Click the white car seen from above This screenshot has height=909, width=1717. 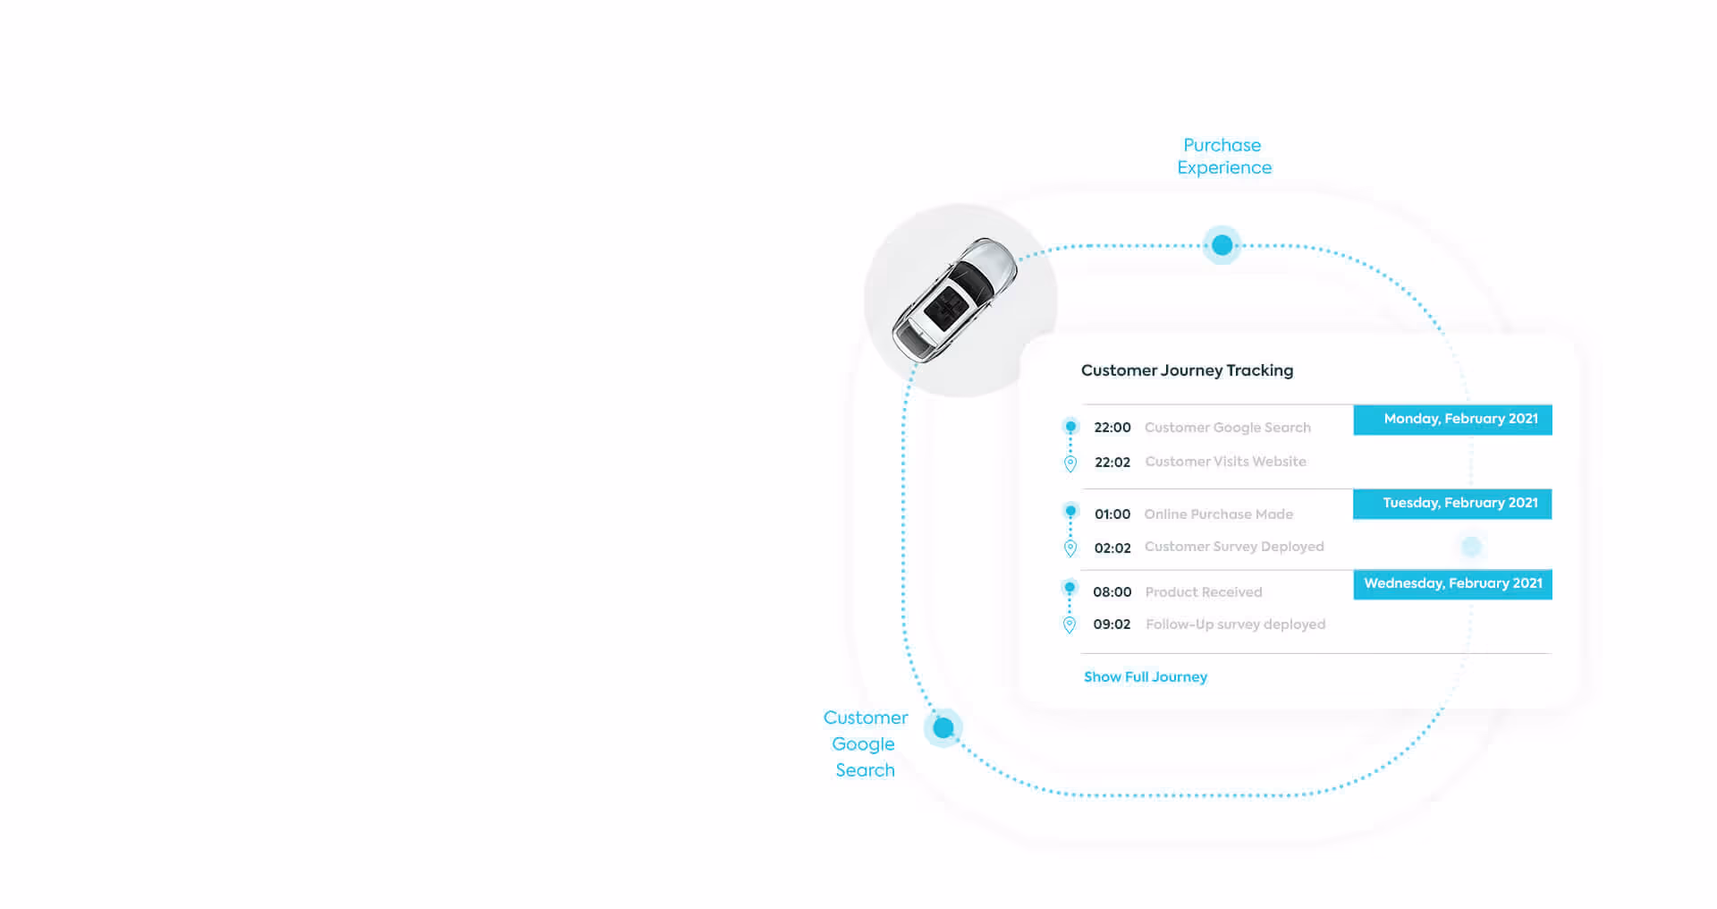(x=954, y=300)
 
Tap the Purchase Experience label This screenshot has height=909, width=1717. (x=1223, y=157)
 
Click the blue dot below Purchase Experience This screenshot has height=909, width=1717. (x=1222, y=245)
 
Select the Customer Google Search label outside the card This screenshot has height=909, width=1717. (x=865, y=743)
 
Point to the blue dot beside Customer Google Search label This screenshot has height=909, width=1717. (x=943, y=728)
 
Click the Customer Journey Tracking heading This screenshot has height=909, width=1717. (x=1187, y=370)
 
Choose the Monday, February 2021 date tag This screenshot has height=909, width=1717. (x=1452, y=420)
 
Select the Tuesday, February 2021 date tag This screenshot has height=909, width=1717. (x=1452, y=504)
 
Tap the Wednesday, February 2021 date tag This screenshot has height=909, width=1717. (x=1452, y=584)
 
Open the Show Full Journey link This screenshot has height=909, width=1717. (x=1146, y=677)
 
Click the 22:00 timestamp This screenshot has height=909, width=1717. (x=1112, y=428)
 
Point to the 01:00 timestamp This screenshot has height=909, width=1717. (x=1112, y=514)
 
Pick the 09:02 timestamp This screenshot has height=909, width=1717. (x=1112, y=624)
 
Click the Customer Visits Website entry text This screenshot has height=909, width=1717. (x=1225, y=462)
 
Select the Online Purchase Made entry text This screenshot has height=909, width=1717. (x=1218, y=514)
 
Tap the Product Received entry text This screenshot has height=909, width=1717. (x=1204, y=592)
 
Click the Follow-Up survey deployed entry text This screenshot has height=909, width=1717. (x=1235, y=624)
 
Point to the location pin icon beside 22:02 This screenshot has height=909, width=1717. (x=1070, y=463)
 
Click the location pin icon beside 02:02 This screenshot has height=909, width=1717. (x=1070, y=548)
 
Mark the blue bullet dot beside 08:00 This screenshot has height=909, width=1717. (x=1070, y=588)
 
